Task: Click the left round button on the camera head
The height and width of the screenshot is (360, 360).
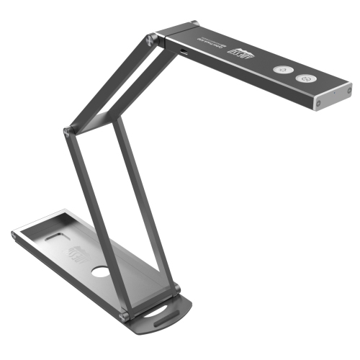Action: (282, 70)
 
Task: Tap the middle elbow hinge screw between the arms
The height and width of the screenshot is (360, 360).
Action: (68, 131)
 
